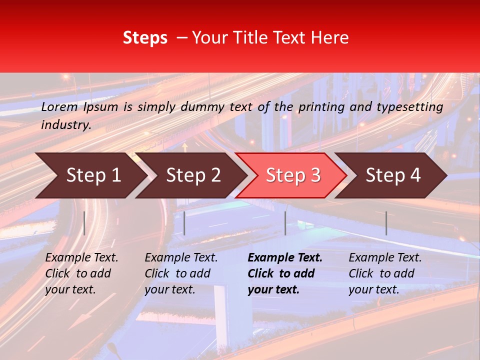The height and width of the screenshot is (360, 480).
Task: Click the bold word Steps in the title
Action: pos(145,38)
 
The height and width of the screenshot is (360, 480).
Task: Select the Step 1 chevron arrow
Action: pos(90,175)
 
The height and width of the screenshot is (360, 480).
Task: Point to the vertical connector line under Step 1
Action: pos(84,223)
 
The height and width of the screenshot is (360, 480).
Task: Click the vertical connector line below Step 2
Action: pos(184,223)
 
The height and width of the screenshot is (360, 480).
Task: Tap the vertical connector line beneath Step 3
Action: pos(285,223)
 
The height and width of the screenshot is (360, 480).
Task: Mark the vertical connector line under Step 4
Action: pos(386,223)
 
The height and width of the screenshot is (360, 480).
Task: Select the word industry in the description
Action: pos(66,125)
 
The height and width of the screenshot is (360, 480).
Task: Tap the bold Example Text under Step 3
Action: pos(285,258)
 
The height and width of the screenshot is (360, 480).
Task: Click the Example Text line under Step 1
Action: pos(81,258)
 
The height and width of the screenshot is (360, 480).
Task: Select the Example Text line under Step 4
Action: pos(385,258)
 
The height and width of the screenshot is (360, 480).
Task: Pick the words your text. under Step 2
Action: pos(169,289)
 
